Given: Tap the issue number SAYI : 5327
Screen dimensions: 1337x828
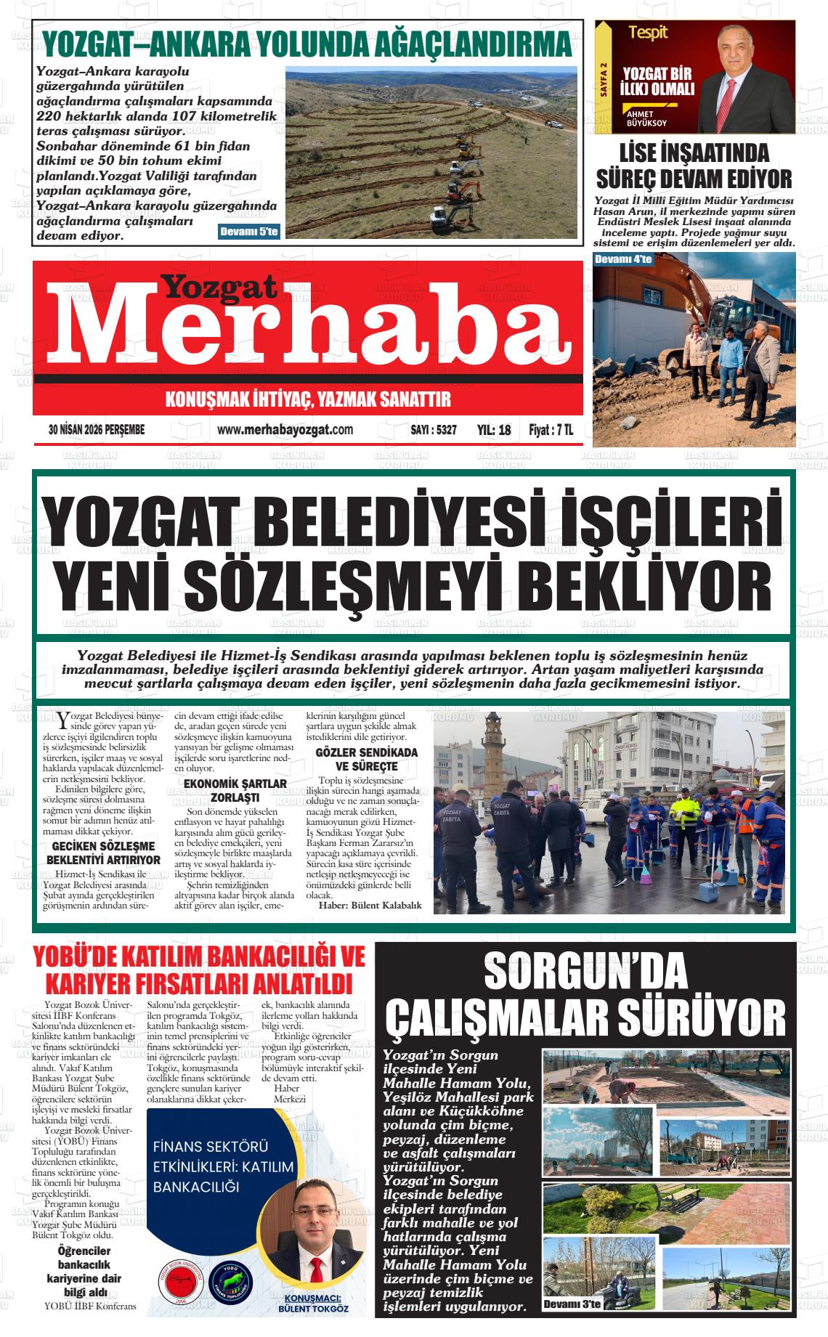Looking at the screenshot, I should click(x=434, y=430).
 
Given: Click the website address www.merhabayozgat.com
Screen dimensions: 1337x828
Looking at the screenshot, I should click(x=285, y=430).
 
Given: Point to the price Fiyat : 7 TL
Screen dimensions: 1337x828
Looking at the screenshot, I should click(x=551, y=430).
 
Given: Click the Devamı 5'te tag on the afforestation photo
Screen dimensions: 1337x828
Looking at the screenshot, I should click(x=248, y=231).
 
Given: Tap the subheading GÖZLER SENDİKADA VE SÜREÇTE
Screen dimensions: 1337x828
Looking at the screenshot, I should click(x=366, y=760).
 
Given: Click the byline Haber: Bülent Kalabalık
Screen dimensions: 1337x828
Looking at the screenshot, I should click(x=370, y=905).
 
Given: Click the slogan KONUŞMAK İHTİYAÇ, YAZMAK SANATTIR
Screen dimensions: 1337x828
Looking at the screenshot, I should click(x=308, y=399).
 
